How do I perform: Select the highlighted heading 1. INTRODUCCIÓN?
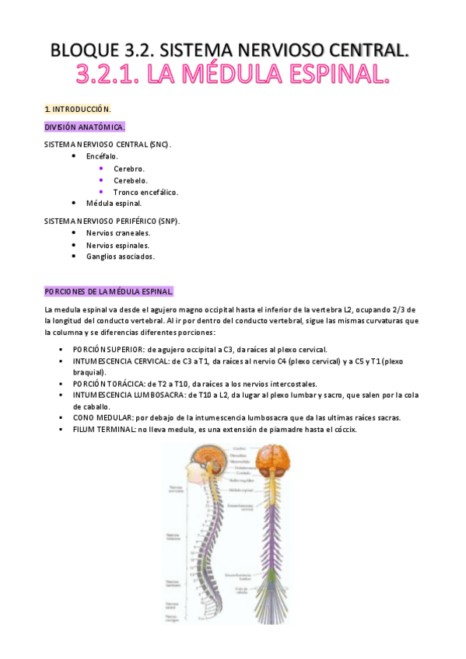(x=78, y=109)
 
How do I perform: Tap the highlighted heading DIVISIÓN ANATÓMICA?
(x=85, y=127)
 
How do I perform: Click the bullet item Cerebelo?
(x=130, y=180)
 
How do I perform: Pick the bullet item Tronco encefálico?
(x=145, y=192)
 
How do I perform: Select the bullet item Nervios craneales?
(x=118, y=232)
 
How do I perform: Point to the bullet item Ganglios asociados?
(x=120, y=256)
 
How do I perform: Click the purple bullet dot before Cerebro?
(x=101, y=168)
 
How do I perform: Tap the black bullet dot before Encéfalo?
(x=74, y=156)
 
